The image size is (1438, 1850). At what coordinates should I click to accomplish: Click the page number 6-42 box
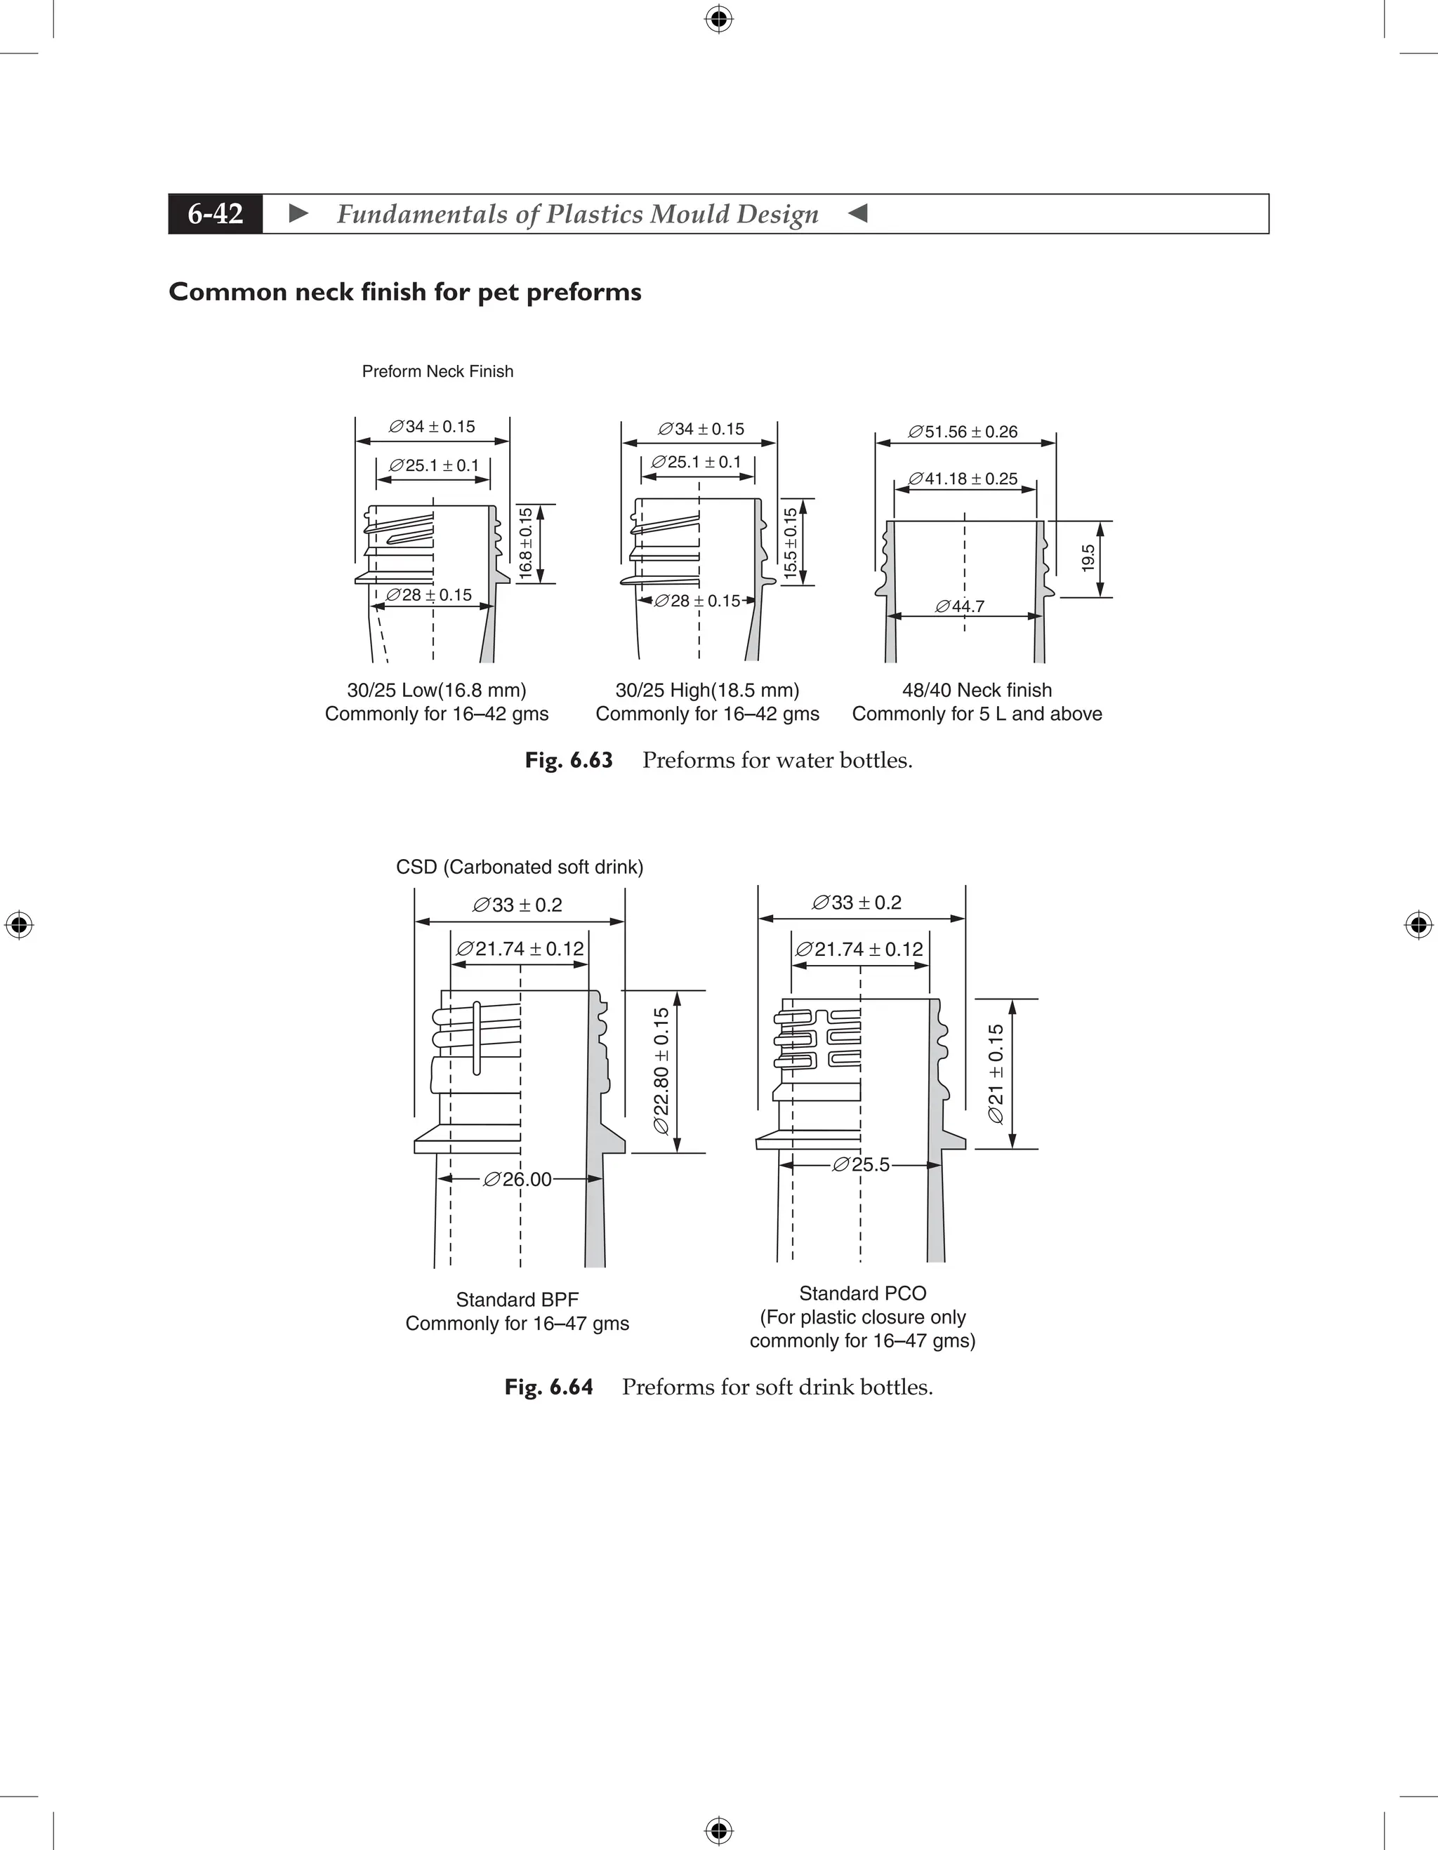click(216, 213)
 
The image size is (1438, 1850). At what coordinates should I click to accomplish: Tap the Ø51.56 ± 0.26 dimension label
click(963, 432)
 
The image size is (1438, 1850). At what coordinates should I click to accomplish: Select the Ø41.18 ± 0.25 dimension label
click(963, 479)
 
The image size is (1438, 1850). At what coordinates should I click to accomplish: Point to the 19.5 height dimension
click(1089, 558)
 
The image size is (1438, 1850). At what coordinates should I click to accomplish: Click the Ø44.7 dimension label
click(960, 606)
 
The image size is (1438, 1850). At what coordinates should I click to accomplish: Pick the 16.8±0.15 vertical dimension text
click(526, 543)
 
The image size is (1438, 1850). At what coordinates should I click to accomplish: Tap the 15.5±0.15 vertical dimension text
click(791, 544)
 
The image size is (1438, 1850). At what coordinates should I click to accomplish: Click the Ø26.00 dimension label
click(517, 1179)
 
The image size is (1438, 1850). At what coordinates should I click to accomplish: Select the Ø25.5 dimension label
click(862, 1165)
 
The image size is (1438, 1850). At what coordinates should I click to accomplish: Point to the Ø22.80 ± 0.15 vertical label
click(662, 1071)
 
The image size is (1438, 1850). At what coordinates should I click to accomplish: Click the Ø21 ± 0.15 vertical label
click(996, 1073)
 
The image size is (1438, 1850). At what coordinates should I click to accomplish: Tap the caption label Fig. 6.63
click(569, 760)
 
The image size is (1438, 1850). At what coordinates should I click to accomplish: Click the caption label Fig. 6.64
click(548, 1387)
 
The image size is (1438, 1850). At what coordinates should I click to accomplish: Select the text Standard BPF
click(517, 1299)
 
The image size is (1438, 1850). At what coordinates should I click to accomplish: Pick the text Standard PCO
click(863, 1293)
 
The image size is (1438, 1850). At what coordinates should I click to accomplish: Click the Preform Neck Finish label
click(437, 371)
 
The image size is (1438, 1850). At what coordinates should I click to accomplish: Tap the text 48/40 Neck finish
click(977, 691)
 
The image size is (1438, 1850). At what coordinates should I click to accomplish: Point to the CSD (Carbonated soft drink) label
click(520, 867)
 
